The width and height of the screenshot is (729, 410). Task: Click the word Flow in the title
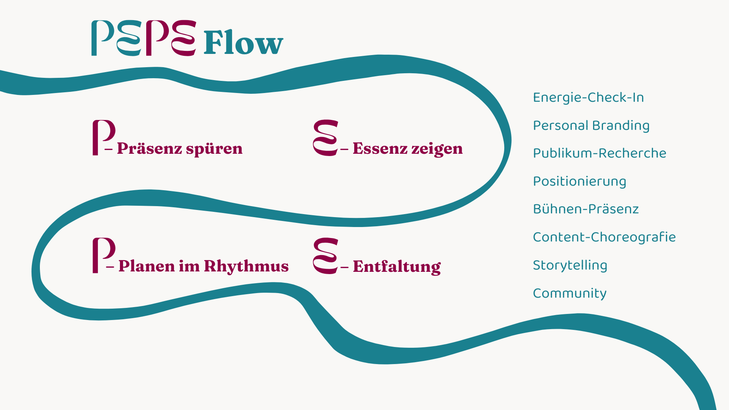tap(243, 43)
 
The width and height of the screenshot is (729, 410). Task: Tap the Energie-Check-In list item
tap(588, 98)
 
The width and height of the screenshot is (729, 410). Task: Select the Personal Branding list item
tap(591, 126)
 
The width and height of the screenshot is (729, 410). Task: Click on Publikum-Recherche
tap(599, 153)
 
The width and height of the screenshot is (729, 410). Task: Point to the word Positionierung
tap(579, 181)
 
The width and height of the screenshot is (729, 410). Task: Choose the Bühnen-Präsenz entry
tap(585, 209)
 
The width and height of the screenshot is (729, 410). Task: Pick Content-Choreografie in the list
tap(604, 237)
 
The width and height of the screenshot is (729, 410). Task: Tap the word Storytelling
tap(570, 265)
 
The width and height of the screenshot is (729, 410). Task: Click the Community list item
tap(570, 293)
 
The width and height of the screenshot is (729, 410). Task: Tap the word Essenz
tap(379, 148)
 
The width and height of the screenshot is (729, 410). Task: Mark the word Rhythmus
tap(246, 266)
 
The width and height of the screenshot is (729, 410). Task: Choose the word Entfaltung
tap(396, 266)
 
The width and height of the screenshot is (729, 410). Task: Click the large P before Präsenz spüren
tap(103, 137)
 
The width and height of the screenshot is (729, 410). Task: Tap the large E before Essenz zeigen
tap(325, 138)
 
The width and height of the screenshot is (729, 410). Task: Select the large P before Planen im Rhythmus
tap(103, 255)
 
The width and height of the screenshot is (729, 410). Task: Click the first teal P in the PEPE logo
tap(101, 38)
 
